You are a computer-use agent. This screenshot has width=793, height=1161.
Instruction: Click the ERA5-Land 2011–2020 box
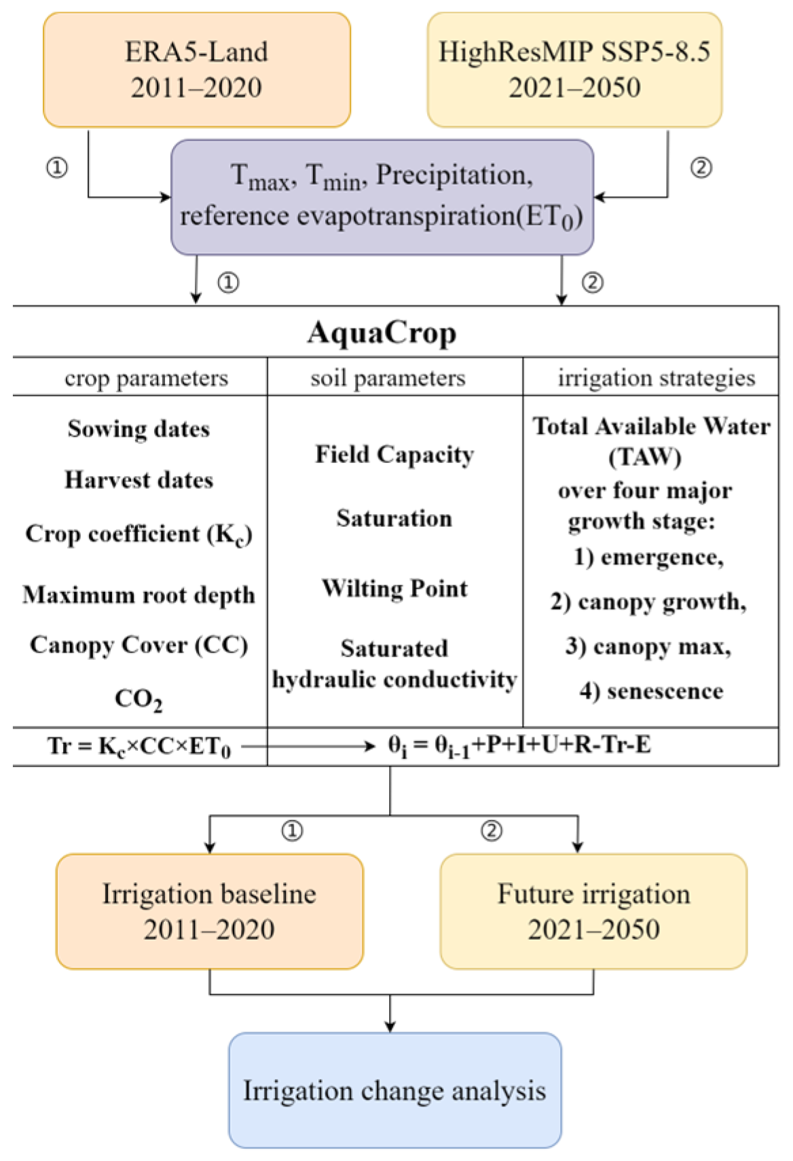pyautogui.click(x=197, y=69)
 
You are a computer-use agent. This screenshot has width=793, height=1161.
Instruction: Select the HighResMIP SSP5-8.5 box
pyautogui.click(x=574, y=69)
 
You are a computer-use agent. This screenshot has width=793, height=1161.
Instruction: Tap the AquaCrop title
pyautogui.click(x=382, y=333)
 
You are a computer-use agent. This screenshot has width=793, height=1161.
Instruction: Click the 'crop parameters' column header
pyautogui.click(x=146, y=377)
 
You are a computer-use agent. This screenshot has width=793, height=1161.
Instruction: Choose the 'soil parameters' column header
pyautogui.click(x=388, y=377)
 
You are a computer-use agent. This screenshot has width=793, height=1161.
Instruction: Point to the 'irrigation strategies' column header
pyautogui.click(x=656, y=377)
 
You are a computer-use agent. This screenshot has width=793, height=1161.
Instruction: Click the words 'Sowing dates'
pyautogui.click(x=139, y=428)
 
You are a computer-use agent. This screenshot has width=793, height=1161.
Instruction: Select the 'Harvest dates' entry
pyautogui.click(x=139, y=480)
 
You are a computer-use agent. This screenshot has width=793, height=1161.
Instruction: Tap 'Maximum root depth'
pyautogui.click(x=139, y=595)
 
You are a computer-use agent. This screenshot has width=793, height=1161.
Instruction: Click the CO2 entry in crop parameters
pyautogui.click(x=139, y=699)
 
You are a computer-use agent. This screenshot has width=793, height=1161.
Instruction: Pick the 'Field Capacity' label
pyautogui.click(x=394, y=454)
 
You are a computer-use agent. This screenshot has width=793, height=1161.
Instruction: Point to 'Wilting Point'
pyautogui.click(x=394, y=588)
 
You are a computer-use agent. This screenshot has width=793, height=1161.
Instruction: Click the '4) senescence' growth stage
pyautogui.click(x=651, y=691)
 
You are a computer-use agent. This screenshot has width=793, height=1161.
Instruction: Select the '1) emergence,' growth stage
pyautogui.click(x=648, y=557)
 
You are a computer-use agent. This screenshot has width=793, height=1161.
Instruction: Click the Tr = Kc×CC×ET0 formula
pyautogui.click(x=139, y=746)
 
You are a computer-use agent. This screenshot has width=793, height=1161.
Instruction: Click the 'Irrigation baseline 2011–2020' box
pyautogui.click(x=209, y=911)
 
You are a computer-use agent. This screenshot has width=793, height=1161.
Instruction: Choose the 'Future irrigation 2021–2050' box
pyautogui.click(x=593, y=911)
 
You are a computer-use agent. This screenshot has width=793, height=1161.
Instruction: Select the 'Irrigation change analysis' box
pyautogui.click(x=394, y=1090)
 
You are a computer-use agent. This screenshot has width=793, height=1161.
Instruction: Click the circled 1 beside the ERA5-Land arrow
pyautogui.click(x=57, y=167)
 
